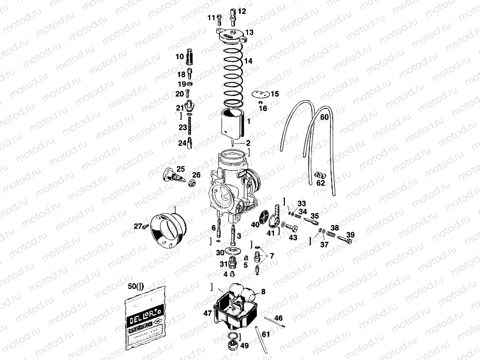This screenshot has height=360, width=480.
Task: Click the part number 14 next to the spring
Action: coord(249,61)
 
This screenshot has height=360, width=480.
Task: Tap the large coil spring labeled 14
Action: coord(232,73)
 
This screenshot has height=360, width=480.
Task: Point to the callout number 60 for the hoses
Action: coord(324,118)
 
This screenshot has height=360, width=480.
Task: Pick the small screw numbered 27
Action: coord(146,226)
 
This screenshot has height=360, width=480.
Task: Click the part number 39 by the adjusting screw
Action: coord(350,235)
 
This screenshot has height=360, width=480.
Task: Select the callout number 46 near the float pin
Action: coord(278,317)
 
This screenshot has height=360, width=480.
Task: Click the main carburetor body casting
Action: coord(231,187)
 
